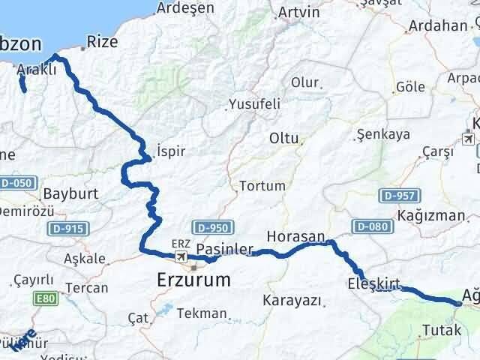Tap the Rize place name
103,42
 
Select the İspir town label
171,151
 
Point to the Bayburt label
71,193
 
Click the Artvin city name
298,13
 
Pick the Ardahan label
438,25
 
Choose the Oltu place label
285,139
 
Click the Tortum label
262,186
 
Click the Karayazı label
292,300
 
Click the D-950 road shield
213,226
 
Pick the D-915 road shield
68,228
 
